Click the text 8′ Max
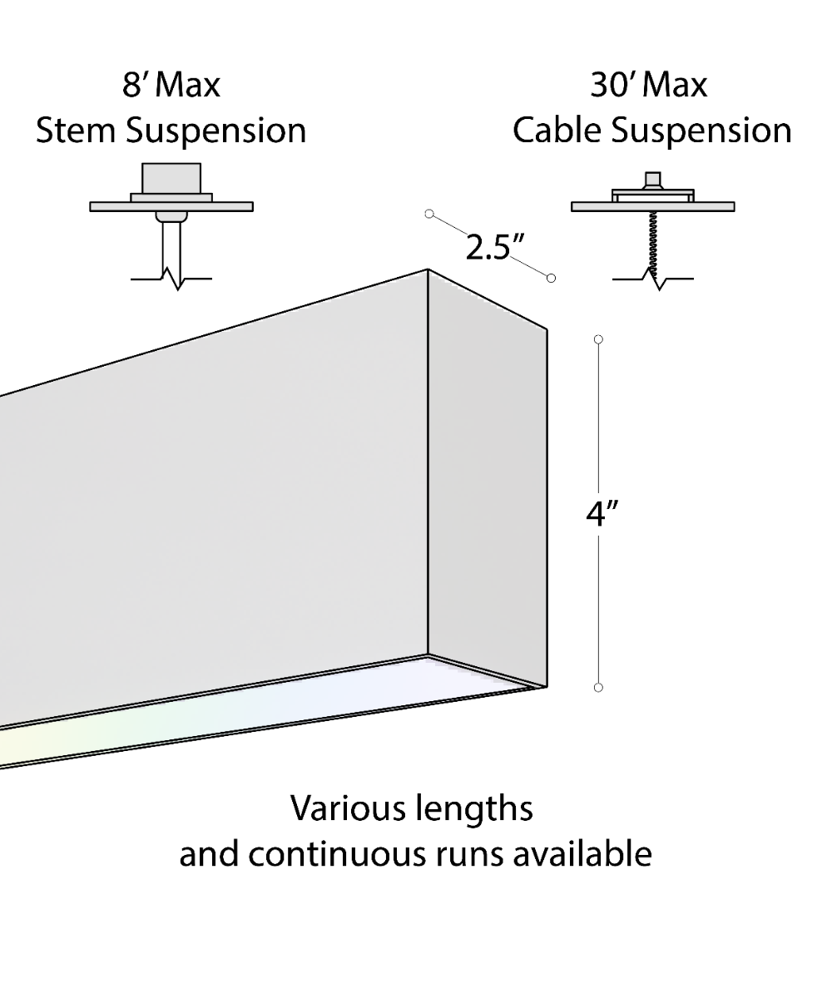171,86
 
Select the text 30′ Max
649,86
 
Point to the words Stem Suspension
171,131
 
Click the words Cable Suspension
651,131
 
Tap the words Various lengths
412,808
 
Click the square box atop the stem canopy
171,178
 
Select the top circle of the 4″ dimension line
598,339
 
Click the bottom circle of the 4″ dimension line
598,687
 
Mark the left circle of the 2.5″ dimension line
429,214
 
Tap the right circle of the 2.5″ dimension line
551,278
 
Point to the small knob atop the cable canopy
652,180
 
